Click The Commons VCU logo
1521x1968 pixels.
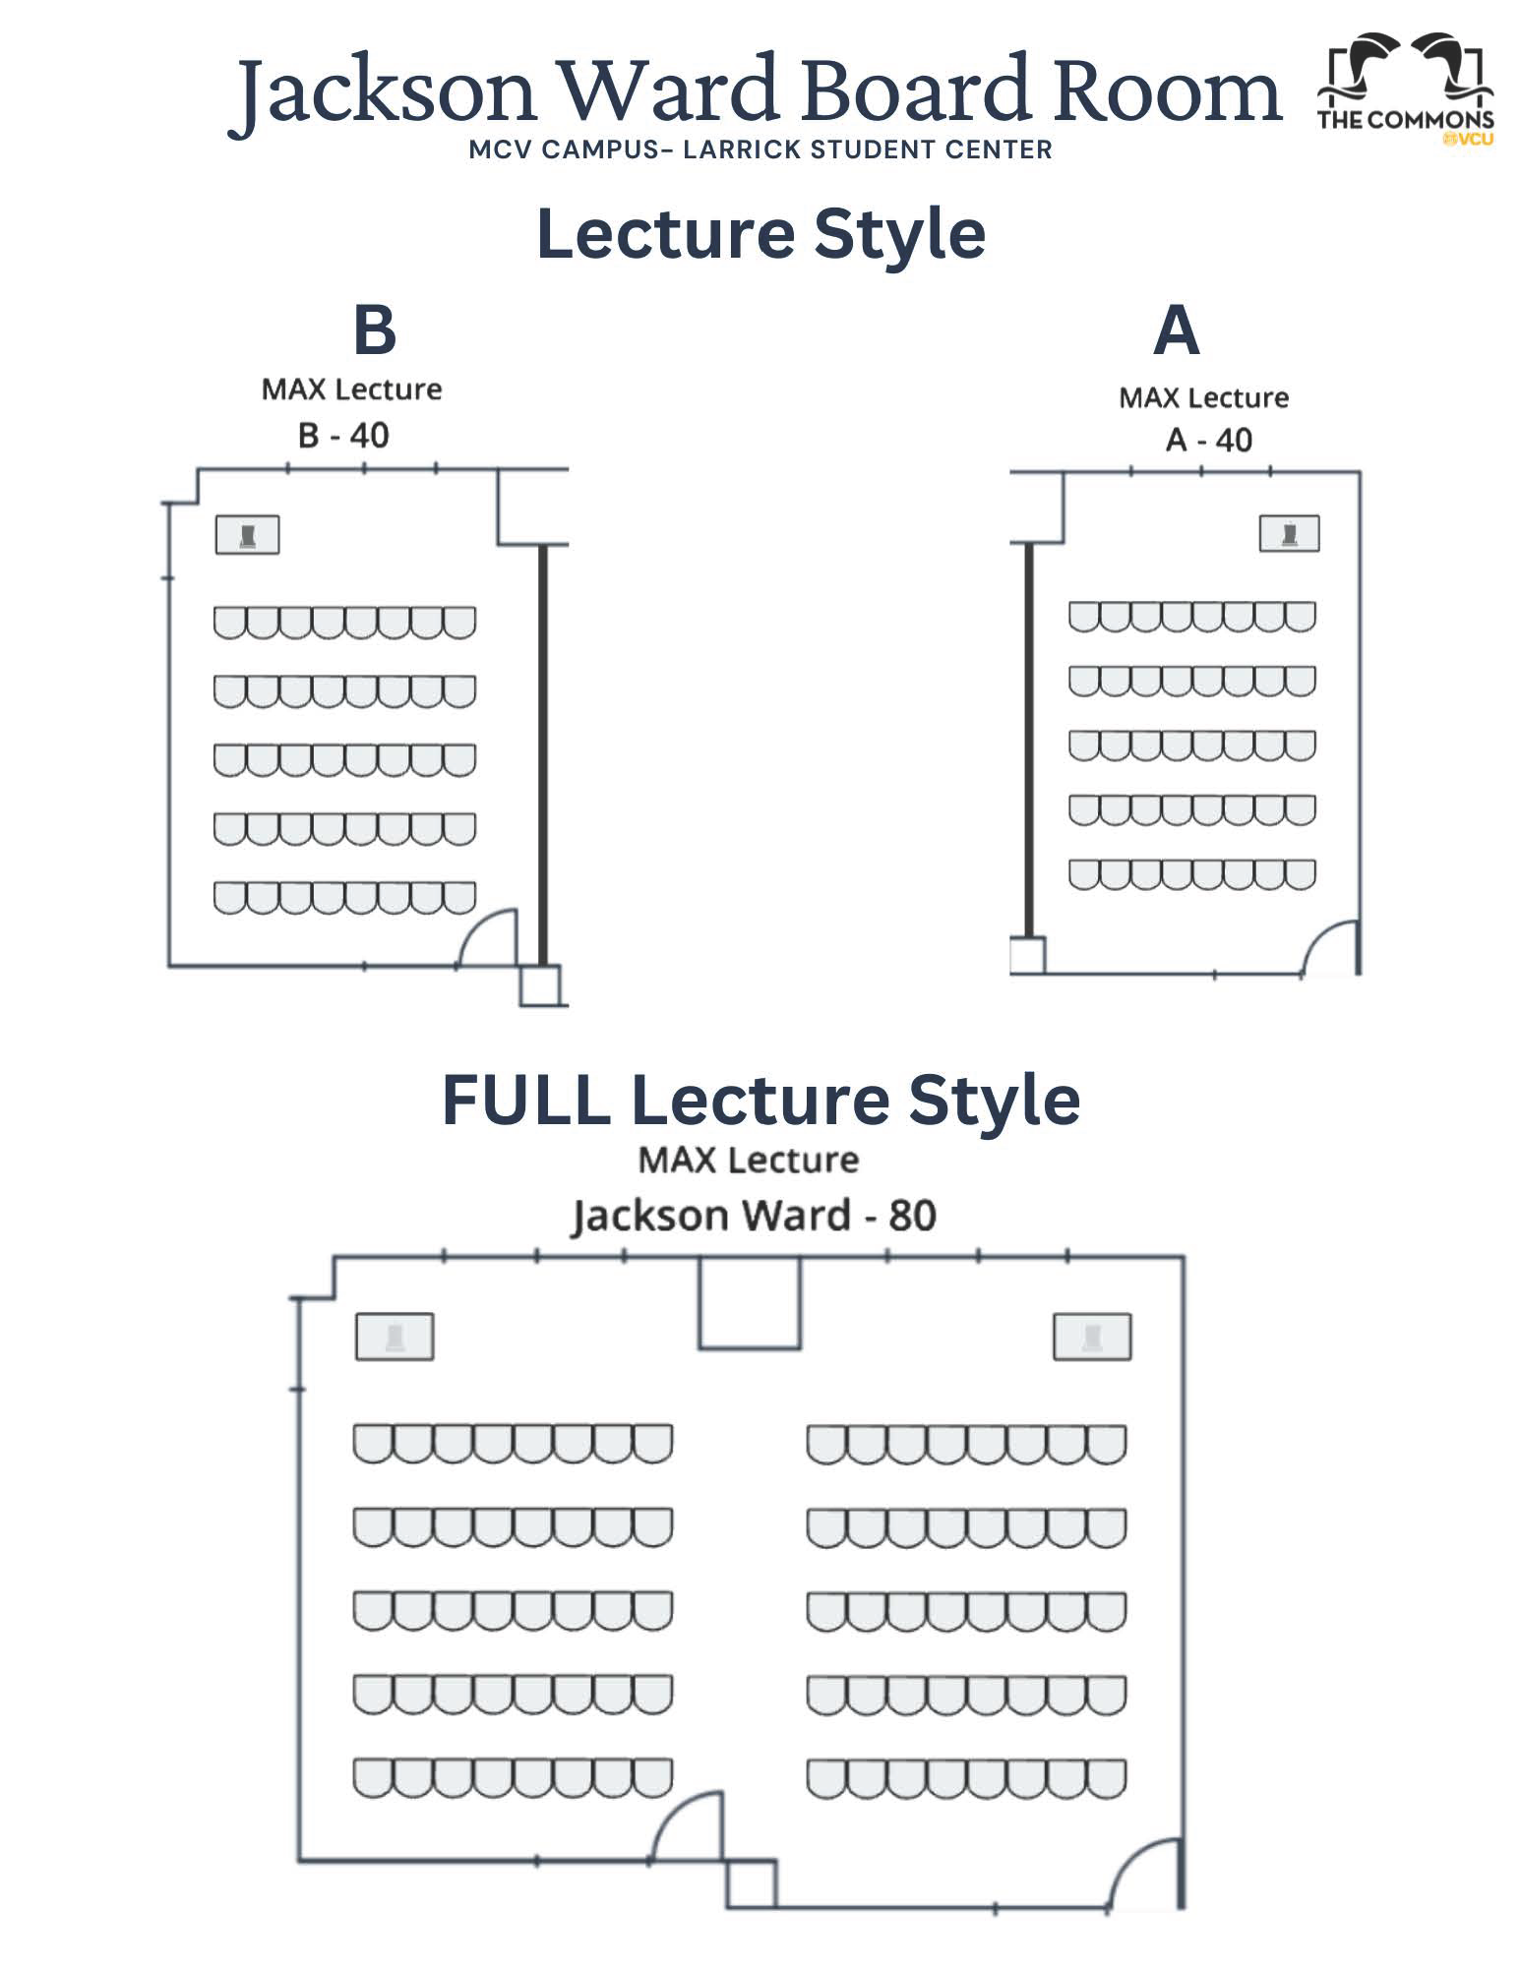(1405, 90)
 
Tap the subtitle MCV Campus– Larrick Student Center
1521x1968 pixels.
(760, 149)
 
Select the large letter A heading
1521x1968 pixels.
(1176, 330)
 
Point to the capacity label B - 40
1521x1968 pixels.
(343, 435)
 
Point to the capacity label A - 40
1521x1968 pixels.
(1208, 440)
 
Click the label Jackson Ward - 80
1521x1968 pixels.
(754, 1216)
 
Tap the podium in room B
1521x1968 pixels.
(248, 535)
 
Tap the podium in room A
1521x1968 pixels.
(1289, 534)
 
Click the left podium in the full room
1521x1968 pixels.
(394, 1338)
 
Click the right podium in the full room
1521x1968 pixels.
(1092, 1338)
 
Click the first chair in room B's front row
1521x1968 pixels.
(230, 623)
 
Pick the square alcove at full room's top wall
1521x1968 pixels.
(749, 1303)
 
